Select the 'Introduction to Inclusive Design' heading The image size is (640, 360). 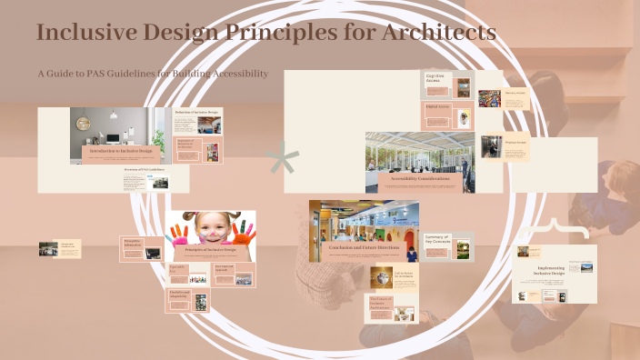click(121, 149)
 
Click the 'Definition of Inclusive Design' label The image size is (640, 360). click(197, 113)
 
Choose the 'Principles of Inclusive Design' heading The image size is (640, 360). click(211, 249)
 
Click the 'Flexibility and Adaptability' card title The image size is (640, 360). click(180, 294)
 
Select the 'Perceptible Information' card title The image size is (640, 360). click(133, 243)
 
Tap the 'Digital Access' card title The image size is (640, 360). click(438, 105)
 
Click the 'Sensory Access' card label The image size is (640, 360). click(515, 93)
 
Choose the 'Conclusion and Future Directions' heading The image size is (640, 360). click(364, 246)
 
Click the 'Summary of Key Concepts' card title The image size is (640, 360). click(438, 239)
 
